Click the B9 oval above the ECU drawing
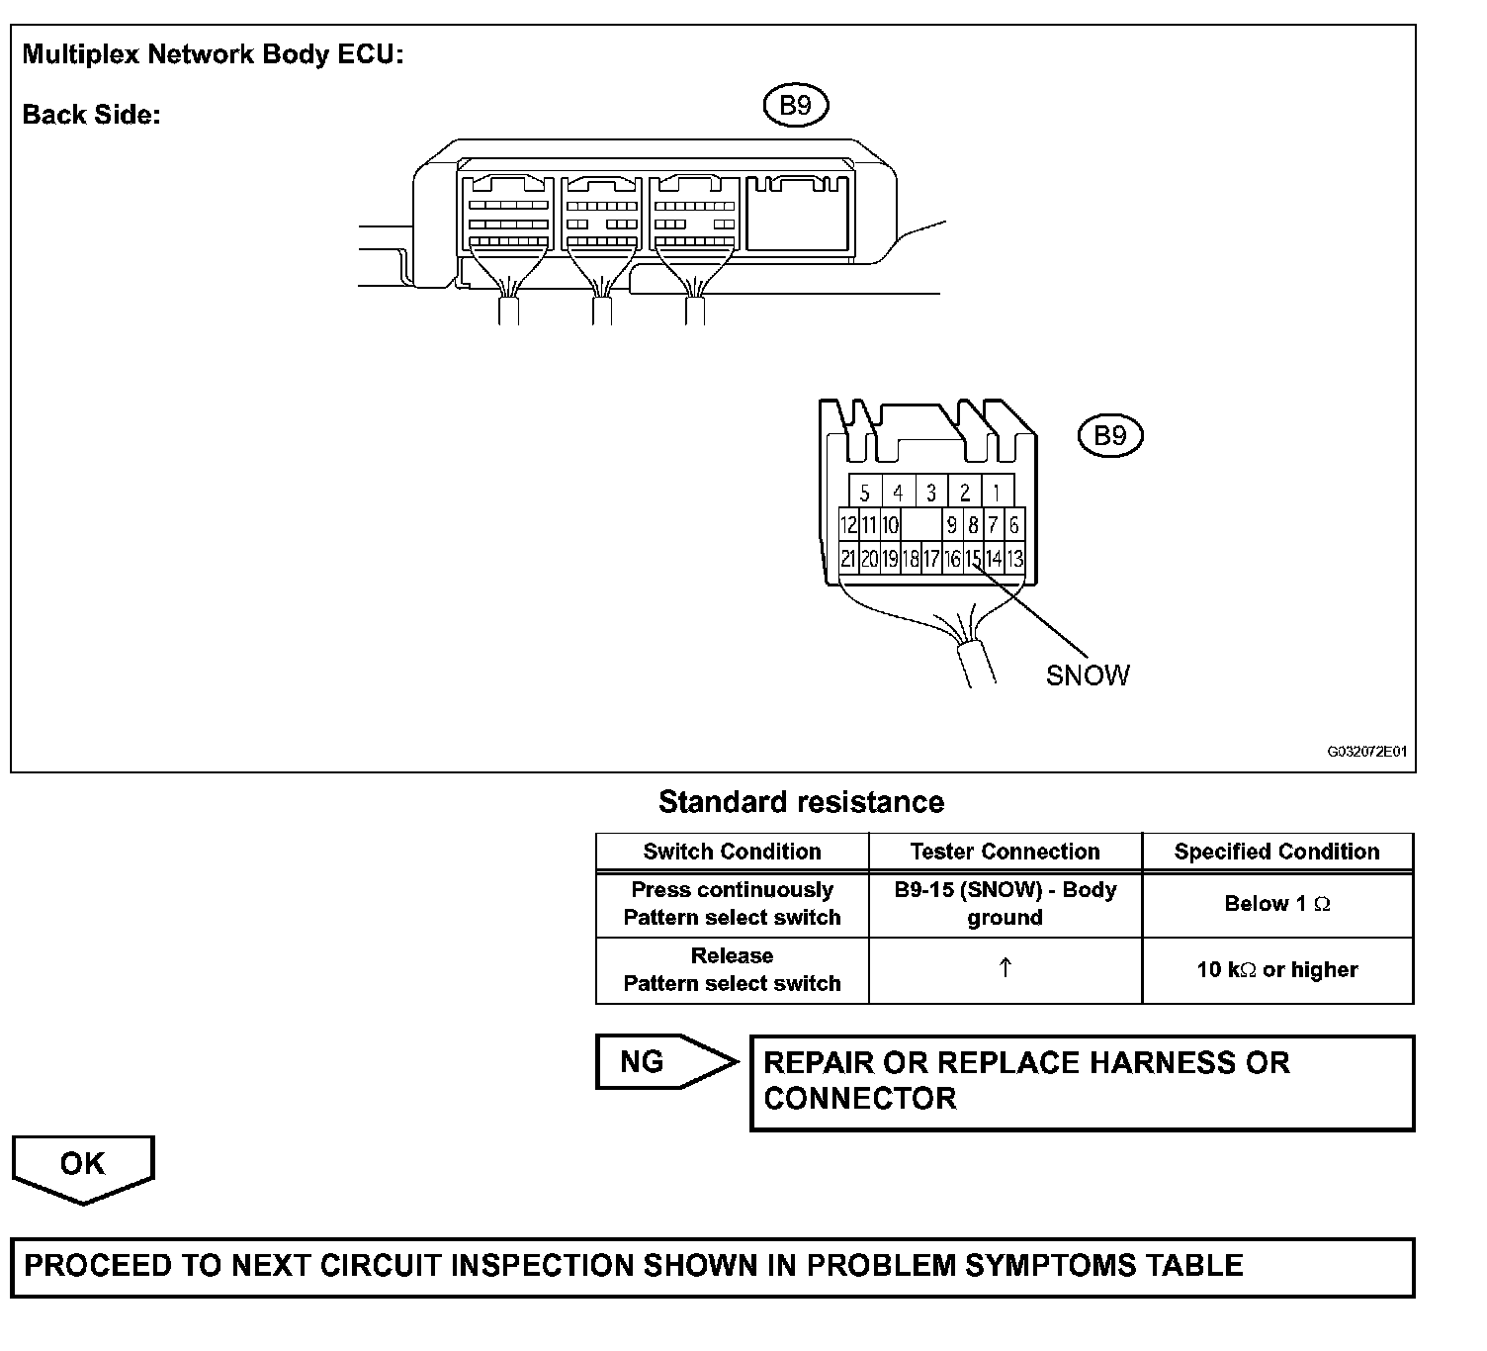click(x=795, y=106)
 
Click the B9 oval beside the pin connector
click(x=1109, y=436)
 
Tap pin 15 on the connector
click(x=973, y=559)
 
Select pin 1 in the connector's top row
click(x=997, y=492)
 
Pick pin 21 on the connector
click(x=848, y=559)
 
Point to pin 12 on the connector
click(x=848, y=525)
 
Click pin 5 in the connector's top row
click(x=865, y=492)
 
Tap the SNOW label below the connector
click(x=1088, y=675)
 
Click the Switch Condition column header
click(x=732, y=852)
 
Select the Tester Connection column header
click(x=1005, y=852)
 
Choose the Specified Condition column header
click(x=1276, y=852)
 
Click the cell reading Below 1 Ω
click(x=1276, y=904)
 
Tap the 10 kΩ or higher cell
click(x=1276, y=970)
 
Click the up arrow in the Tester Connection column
click(x=1005, y=969)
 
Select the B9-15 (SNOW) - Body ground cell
click(x=1005, y=904)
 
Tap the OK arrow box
click(x=83, y=1165)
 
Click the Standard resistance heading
click(x=801, y=802)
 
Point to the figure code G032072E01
click(x=1366, y=752)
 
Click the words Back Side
click(x=91, y=115)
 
